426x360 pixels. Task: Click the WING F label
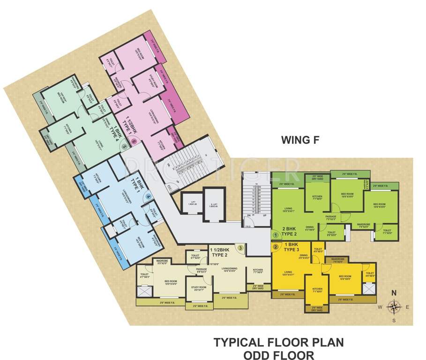coord(299,139)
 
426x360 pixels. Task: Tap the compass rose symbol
coord(395,307)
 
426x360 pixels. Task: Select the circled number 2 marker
coord(276,246)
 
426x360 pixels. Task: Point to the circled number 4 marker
coord(148,197)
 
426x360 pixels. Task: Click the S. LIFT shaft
coord(213,205)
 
